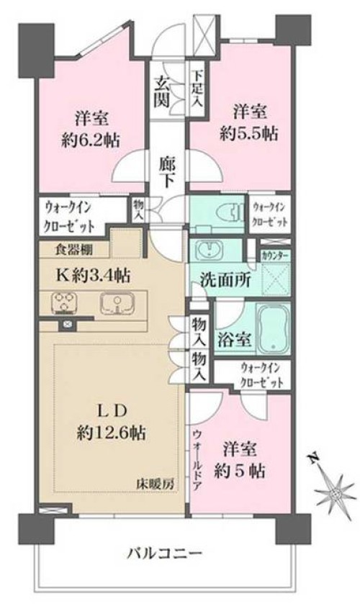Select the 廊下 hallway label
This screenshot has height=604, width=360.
coord(166,172)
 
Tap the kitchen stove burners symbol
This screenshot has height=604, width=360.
coord(63,302)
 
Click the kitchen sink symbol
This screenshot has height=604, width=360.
coord(114,302)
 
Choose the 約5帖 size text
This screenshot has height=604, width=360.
coord(242,472)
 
